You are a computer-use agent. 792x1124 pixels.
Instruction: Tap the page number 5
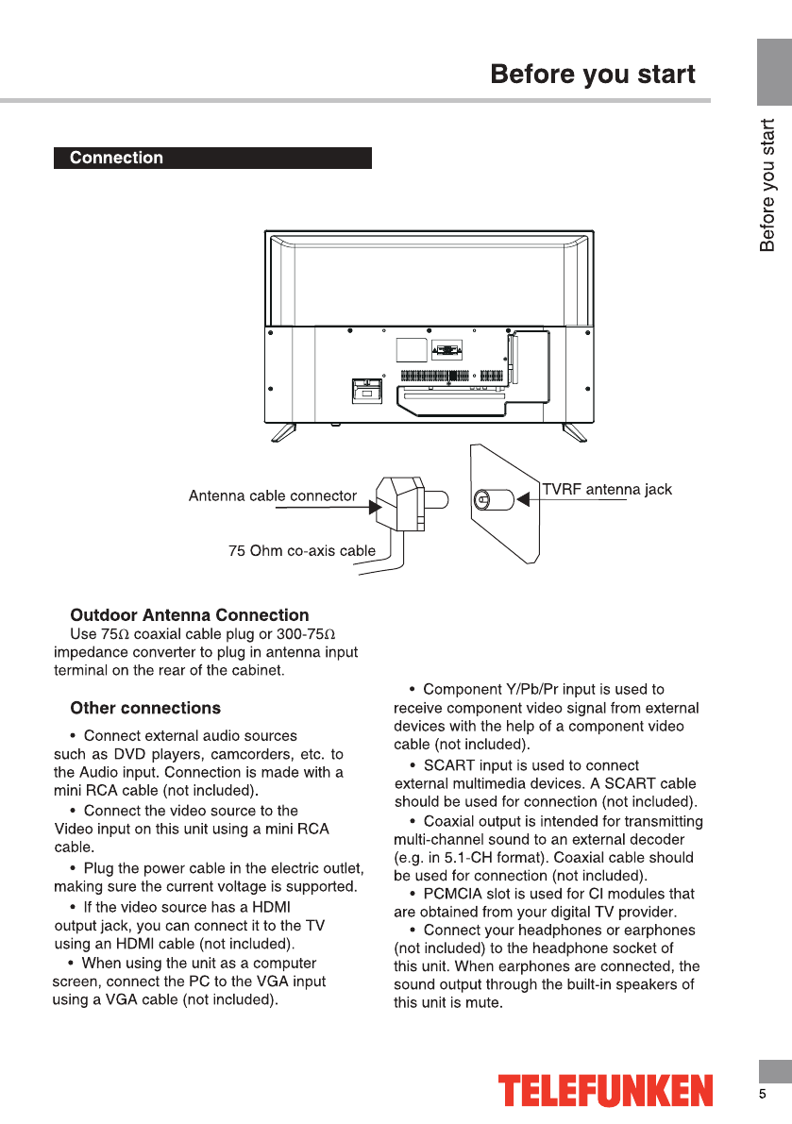coord(763,1094)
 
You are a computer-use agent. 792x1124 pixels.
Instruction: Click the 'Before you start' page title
coord(593,75)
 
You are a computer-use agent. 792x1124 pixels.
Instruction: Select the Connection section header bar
coord(212,158)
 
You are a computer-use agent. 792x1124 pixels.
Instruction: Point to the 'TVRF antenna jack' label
coord(606,489)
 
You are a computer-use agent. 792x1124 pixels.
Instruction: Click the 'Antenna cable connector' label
coord(273,495)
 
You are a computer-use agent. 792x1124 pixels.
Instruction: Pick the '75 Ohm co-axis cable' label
coord(302,550)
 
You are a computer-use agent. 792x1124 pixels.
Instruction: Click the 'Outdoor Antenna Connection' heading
coord(190,615)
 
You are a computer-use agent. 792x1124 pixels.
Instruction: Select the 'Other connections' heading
coord(145,708)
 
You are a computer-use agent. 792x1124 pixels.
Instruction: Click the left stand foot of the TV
coord(284,432)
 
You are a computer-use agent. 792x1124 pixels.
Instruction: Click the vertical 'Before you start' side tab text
coord(767,185)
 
